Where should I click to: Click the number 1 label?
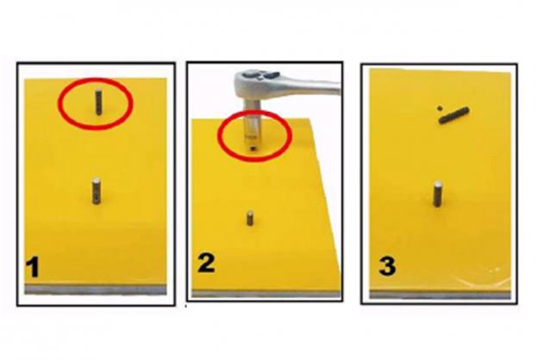click(x=33, y=267)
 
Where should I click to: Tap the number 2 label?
click(x=206, y=263)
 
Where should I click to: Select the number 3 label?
click(x=387, y=266)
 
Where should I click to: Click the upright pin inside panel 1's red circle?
click(x=98, y=102)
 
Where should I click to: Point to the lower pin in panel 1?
click(x=97, y=191)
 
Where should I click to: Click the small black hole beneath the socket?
click(x=253, y=149)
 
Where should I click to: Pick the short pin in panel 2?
click(x=250, y=218)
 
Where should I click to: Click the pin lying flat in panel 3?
click(x=453, y=115)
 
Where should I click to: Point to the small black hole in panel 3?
click(x=439, y=109)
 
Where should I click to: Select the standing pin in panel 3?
click(x=437, y=195)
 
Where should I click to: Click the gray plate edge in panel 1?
click(x=96, y=289)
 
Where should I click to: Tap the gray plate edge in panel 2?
click(x=266, y=294)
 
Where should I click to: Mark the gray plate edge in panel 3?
click(x=440, y=295)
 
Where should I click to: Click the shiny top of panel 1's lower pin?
click(x=97, y=180)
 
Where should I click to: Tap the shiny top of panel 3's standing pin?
click(x=438, y=185)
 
